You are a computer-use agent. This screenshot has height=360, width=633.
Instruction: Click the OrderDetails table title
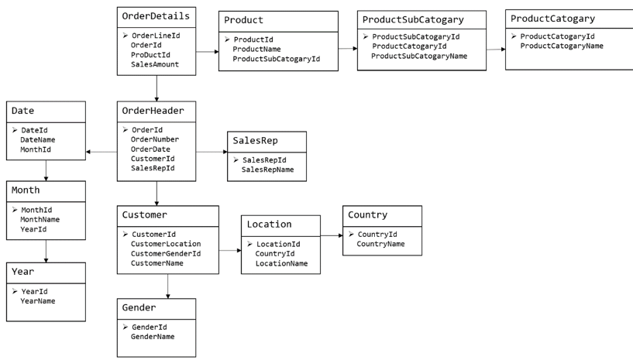pos(156,16)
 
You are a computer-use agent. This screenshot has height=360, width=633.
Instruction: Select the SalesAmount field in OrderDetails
pos(155,64)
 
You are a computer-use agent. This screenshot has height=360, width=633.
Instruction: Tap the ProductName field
pos(256,50)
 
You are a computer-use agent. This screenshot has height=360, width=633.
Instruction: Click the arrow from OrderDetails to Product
pos(207,52)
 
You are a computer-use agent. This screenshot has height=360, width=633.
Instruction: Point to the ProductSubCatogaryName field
pos(419,56)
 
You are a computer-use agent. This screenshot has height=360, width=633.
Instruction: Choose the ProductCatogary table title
pos(552,19)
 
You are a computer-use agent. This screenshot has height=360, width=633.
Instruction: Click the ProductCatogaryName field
pos(562,46)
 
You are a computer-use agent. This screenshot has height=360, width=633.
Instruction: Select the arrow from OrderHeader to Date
pos(101,153)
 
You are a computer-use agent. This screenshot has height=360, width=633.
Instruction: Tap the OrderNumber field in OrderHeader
pos(155,139)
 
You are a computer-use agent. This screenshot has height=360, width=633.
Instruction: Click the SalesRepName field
pos(267,170)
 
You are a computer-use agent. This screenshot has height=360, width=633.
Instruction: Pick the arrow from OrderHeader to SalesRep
pos(212,153)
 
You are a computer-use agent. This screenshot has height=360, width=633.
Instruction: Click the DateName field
pos(37,139)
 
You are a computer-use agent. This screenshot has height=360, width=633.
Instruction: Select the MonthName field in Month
pos(40,220)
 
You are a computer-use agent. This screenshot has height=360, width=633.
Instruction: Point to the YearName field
pos(37,301)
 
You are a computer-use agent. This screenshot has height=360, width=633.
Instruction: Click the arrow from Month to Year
pos(46,251)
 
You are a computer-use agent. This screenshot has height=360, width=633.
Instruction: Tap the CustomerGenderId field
pos(166,253)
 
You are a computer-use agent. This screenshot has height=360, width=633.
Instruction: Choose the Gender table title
pos(139,307)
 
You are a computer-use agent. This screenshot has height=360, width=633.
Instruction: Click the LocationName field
pos(281,263)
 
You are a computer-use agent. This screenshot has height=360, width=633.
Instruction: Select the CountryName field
pos(380,244)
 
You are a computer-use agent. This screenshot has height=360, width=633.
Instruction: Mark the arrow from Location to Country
pos(332,235)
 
